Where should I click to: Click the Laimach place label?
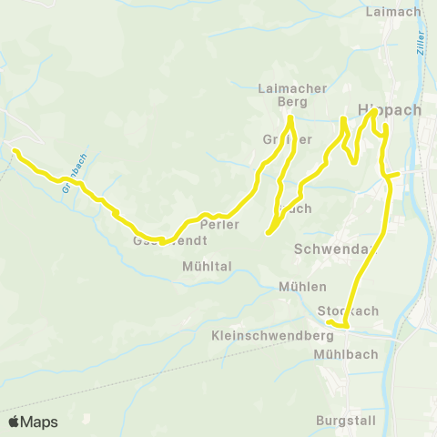pos(391,12)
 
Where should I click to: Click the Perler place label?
pos(219,224)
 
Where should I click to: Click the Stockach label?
pos(348,311)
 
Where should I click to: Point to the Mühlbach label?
pos(340,353)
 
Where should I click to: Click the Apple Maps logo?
pos(33,422)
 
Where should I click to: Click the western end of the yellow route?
pos(15,151)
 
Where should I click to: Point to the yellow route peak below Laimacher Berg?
pos(290,117)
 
